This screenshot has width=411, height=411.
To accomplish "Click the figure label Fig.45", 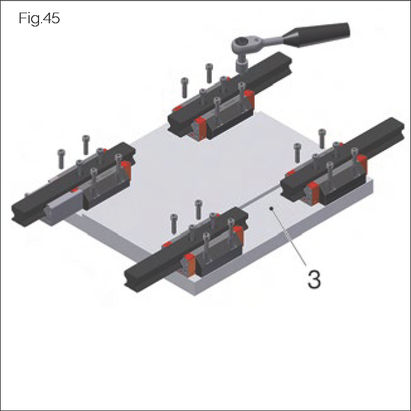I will point(39,20).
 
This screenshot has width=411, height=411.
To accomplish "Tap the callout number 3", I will point(314,279).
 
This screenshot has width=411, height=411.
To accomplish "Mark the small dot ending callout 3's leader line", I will point(270,208).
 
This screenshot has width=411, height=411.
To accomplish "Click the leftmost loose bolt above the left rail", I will point(62,157).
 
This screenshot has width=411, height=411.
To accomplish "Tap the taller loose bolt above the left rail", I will point(86,143).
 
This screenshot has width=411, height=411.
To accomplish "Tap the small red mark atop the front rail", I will point(167,245).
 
